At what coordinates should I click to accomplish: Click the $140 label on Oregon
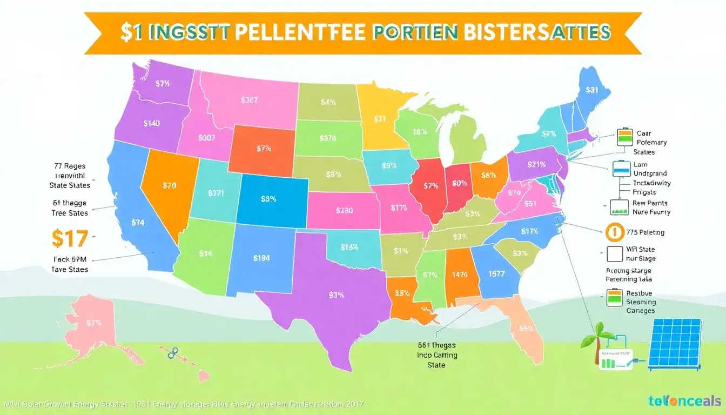[x=151, y=123]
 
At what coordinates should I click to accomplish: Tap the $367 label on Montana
[x=249, y=100]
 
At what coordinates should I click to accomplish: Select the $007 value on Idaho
[x=207, y=138]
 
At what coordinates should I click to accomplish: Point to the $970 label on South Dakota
[x=327, y=138]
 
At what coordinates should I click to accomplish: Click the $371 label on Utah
[x=216, y=193]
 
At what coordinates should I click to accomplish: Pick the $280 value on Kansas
[x=344, y=210]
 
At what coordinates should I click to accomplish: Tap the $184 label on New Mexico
[x=261, y=258]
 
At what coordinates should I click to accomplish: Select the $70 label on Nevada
[x=169, y=185]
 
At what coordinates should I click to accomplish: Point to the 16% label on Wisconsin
[x=420, y=131]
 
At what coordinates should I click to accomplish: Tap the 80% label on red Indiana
[x=459, y=183]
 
